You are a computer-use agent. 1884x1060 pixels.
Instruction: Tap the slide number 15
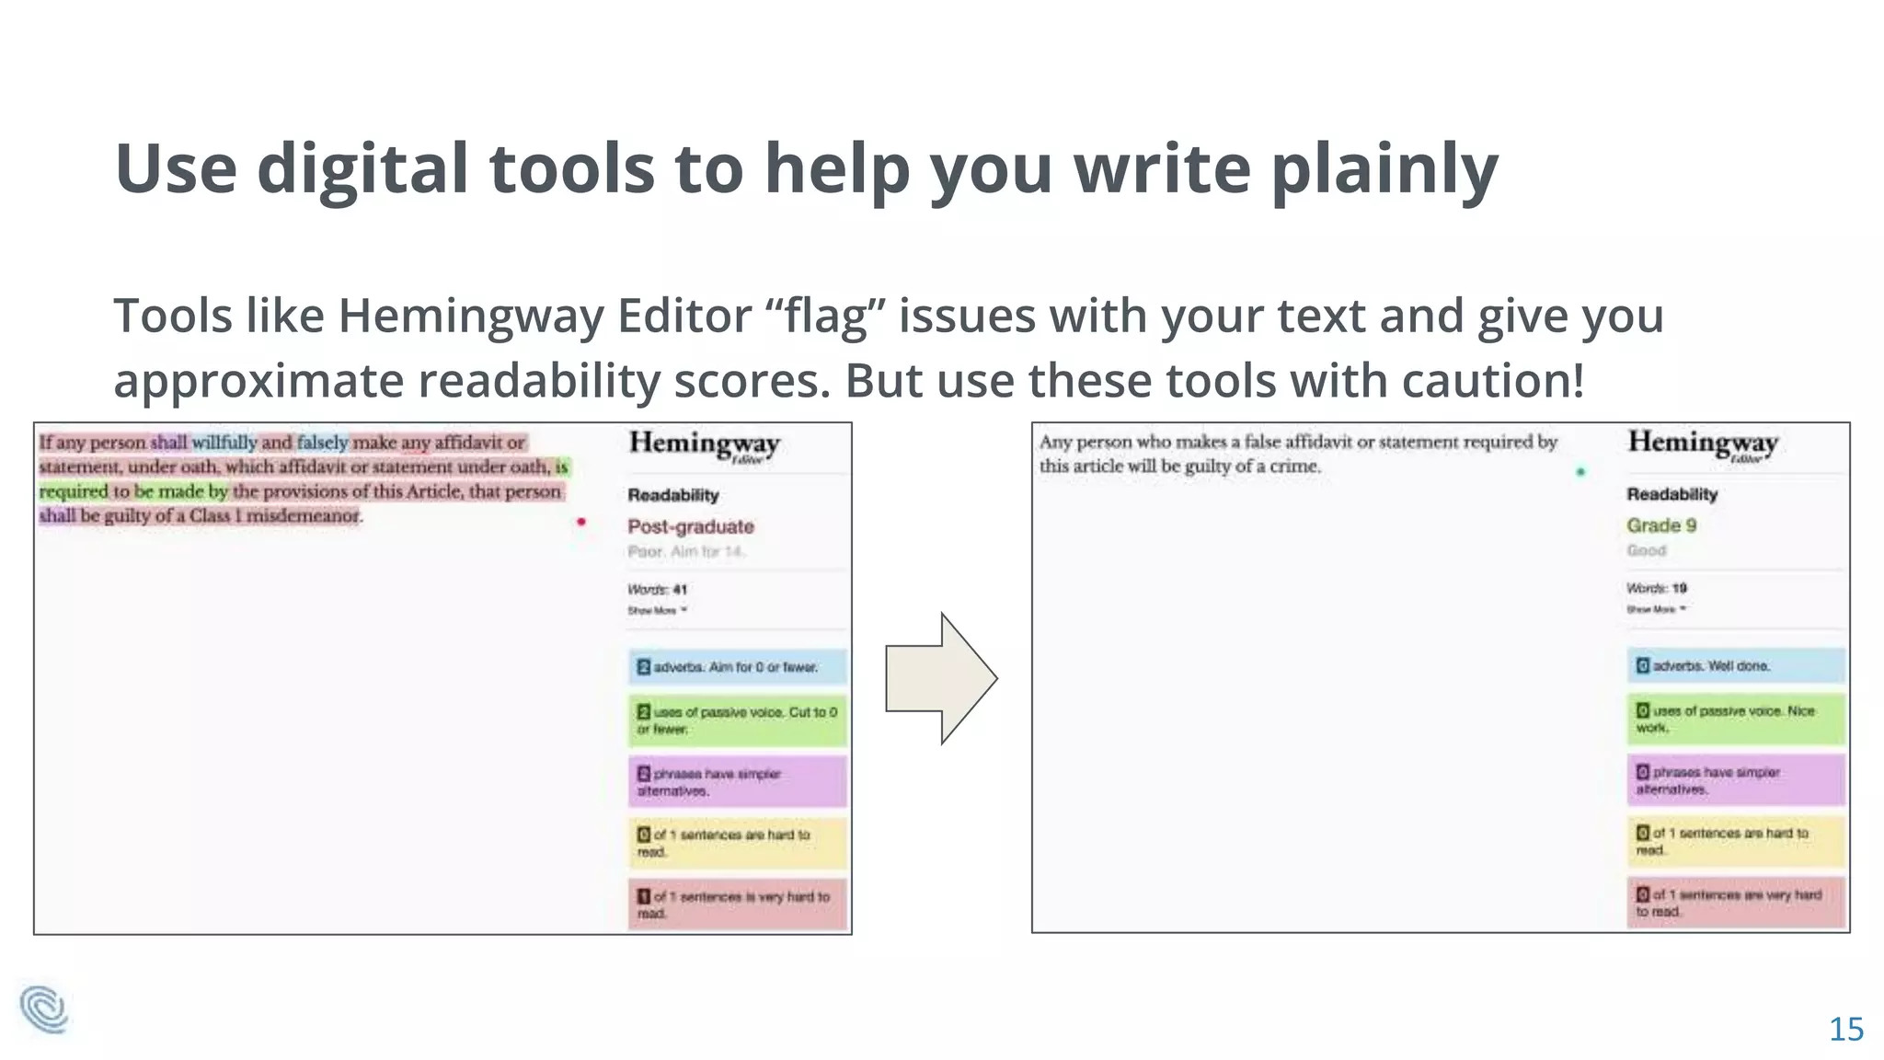click(x=1845, y=1029)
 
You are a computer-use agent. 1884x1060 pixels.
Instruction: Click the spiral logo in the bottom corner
click(x=44, y=1009)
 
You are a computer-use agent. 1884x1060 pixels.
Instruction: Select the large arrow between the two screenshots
click(x=940, y=678)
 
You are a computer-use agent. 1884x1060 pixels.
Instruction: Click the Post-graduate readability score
click(x=691, y=526)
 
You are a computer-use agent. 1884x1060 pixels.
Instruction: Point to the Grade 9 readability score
click(x=1661, y=525)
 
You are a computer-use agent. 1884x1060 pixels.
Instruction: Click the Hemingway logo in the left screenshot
click(x=705, y=445)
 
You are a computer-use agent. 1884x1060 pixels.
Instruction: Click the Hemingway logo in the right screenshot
click(x=1703, y=444)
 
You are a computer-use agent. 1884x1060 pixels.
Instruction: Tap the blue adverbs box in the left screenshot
click(x=737, y=667)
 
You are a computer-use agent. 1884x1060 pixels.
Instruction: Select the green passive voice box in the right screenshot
click(x=1735, y=719)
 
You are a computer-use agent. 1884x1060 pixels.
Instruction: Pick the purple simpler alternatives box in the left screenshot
click(x=737, y=781)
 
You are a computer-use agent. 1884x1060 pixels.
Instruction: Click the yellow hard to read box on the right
click(x=1735, y=841)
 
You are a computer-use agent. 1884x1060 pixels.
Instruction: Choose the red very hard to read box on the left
click(x=737, y=904)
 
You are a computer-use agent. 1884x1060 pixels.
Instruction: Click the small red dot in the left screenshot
click(x=580, y=522)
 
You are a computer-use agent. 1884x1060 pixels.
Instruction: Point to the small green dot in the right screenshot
click(x=1580, y=472)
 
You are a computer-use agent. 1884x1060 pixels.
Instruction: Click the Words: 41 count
click(x=658, y=589)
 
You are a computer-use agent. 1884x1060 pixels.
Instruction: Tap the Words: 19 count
click(x=1656, y=588)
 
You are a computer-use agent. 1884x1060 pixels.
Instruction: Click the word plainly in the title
click(x=1384, y=170)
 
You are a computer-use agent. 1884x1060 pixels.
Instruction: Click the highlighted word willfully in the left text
click(x=224, y=443)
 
